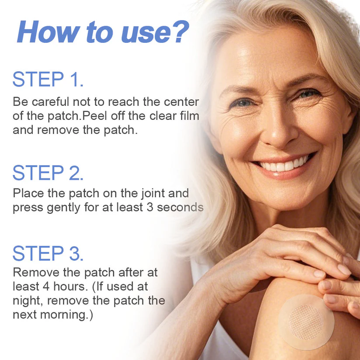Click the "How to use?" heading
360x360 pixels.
click(103, 31)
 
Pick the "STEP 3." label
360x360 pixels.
click(48, 253)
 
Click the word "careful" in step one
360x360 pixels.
click(49, 102)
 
